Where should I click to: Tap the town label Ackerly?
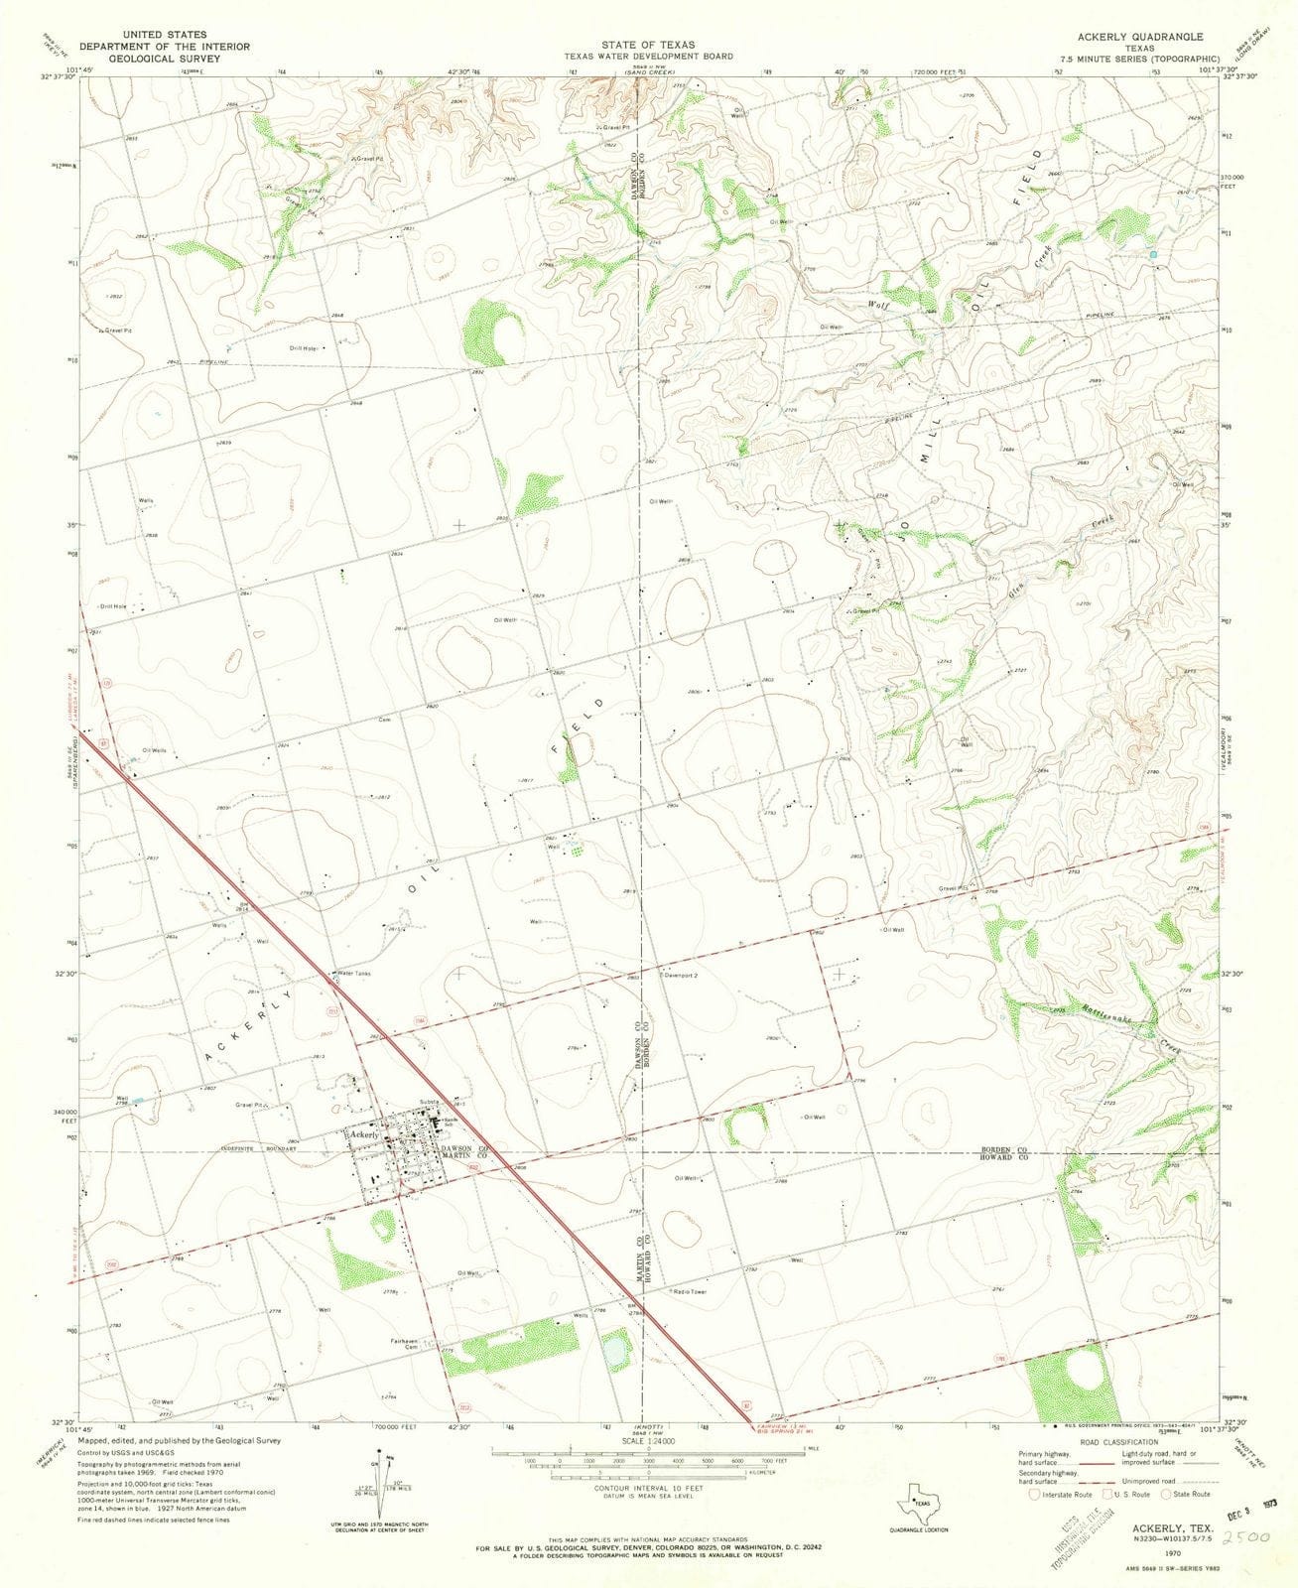point(363,1133)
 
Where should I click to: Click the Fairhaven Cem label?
point(408,1342)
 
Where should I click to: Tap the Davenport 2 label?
point(683,976)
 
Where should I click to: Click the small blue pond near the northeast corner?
point(1153,255)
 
